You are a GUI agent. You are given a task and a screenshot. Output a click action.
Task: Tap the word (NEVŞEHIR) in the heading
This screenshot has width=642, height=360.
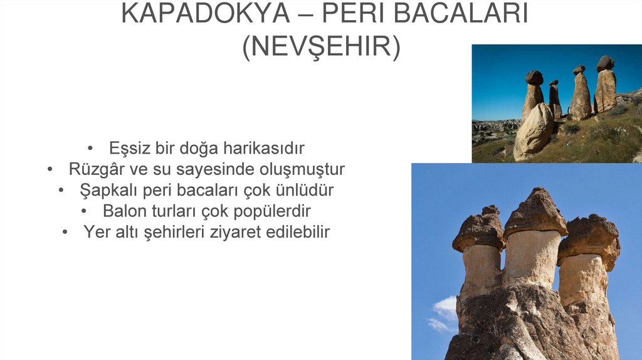[x=321, y=48]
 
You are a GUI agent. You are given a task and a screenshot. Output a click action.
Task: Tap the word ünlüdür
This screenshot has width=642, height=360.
[x=303, y=190]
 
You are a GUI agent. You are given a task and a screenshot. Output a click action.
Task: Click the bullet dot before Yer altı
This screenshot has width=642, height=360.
[x=65, y=232]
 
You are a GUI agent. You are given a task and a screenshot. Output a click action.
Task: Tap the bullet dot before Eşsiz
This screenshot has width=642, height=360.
[x=91, y=149]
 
